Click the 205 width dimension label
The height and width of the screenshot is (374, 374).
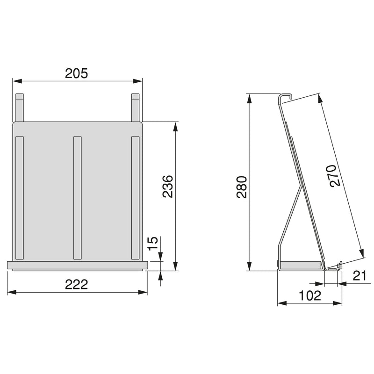point(77,73)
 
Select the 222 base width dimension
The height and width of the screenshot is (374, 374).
point(77,284)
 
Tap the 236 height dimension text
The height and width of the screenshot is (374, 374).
point(167,186)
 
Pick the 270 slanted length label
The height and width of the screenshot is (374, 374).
point(331,176)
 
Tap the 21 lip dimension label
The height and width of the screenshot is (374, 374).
point(359,276)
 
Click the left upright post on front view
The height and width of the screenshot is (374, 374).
point(19,108)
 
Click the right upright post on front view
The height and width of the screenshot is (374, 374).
point(135,108)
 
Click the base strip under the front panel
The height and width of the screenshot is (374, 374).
point(77,265)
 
